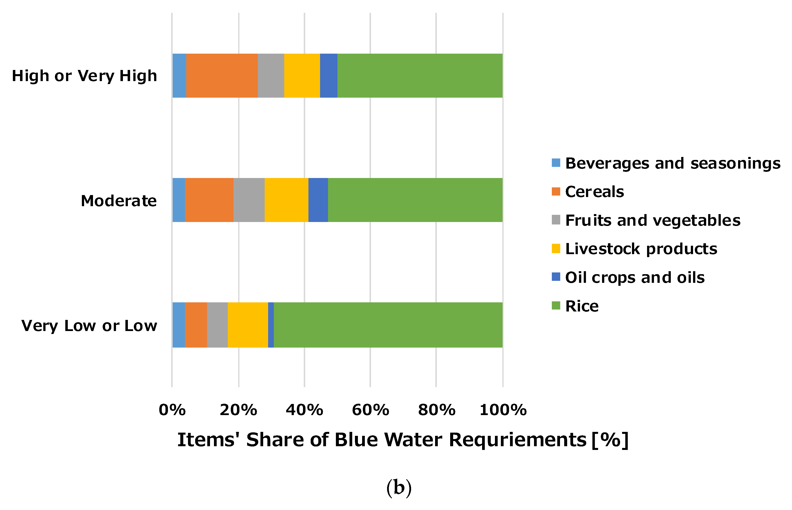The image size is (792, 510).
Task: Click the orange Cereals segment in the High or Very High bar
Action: pos(222,75)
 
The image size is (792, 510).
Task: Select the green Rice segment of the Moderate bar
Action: pos(415,200)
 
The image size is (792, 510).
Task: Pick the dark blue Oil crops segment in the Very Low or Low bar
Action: pos(271,325)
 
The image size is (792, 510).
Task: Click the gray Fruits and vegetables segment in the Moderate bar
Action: pos(249,200)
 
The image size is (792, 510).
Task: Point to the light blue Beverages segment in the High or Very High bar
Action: pos(179,75)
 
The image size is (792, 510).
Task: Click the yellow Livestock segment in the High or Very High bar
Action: pos(302,75)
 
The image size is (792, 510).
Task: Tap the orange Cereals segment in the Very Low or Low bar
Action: pos(196,325)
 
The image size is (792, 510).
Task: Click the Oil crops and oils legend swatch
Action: pos(556,277)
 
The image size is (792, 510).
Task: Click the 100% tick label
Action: pos(503,410)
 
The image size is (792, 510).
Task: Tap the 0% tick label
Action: pos(172,410)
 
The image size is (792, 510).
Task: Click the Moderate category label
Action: pos(118,201)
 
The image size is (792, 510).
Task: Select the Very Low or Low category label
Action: pos(89,326)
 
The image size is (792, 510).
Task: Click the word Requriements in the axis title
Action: pos(517,440)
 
